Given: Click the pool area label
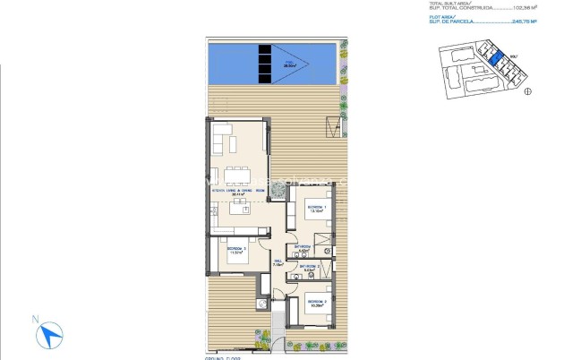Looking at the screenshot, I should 289,64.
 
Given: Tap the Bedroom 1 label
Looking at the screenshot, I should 316,209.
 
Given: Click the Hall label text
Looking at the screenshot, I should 277,261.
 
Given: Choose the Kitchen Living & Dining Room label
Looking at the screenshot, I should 237,192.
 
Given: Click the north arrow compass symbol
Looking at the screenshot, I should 50,335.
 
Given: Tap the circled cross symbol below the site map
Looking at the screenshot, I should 527,90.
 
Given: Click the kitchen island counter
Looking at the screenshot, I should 239,210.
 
